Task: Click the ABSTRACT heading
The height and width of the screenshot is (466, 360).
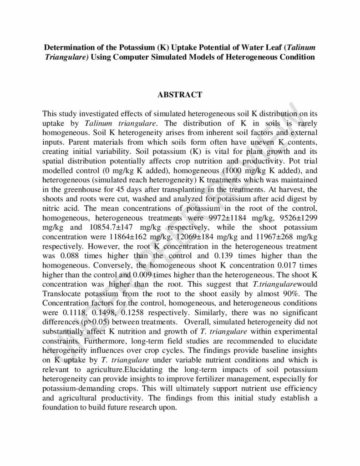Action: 179,95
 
